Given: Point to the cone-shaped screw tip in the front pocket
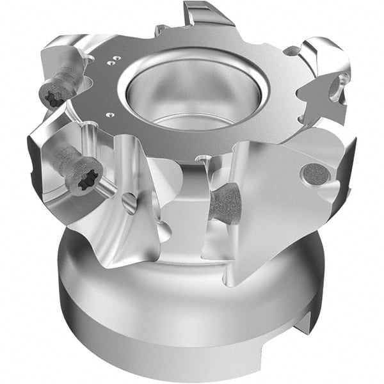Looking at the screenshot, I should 224,205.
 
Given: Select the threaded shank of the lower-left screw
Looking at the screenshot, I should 64,157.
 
